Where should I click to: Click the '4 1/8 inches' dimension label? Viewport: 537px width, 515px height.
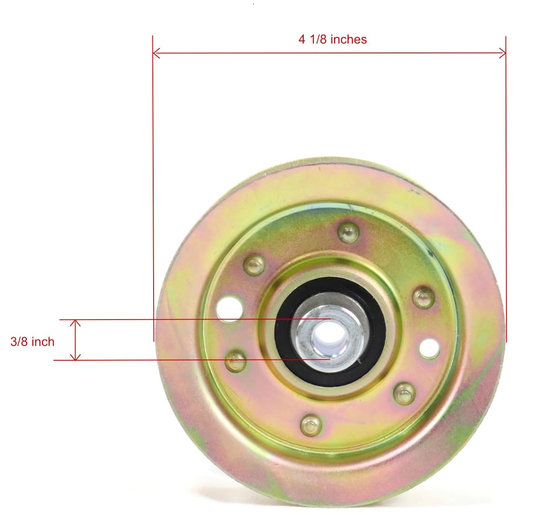(x=332, y=39)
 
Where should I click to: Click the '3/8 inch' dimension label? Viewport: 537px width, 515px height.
(x=32, y=342)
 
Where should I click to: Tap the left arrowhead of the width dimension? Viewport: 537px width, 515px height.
(x=155, y=53)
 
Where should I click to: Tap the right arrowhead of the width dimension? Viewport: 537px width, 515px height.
(x=503, y=53)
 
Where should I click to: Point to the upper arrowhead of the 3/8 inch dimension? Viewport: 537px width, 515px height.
(x=75, y=322)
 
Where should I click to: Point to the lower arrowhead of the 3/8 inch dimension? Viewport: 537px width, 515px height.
(x=75, y=357)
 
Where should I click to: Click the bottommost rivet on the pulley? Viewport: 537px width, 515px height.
(x=311, y=425)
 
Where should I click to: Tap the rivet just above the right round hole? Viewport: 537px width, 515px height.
(x=424, y=297)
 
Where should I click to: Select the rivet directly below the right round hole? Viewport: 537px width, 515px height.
(x=404, y=393)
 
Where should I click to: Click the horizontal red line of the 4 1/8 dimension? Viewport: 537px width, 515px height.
(x=244, y=53)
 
